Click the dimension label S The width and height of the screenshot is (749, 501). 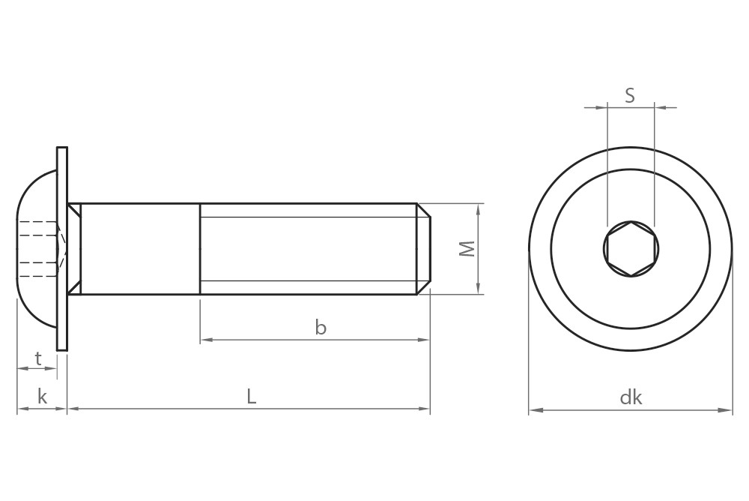tap(630, 95)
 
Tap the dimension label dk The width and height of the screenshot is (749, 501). tap(631, 397)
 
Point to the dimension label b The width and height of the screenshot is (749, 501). tap(321, 328)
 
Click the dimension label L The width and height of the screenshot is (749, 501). tap(252, 397)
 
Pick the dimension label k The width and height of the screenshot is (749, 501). tap(42, 397)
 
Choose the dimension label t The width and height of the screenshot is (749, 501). tap(37, 358)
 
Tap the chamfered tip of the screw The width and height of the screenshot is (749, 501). tap(424, 249)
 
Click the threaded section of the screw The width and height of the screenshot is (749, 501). tap(307, 249)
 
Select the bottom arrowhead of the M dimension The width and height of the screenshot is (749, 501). tap(478, 289)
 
